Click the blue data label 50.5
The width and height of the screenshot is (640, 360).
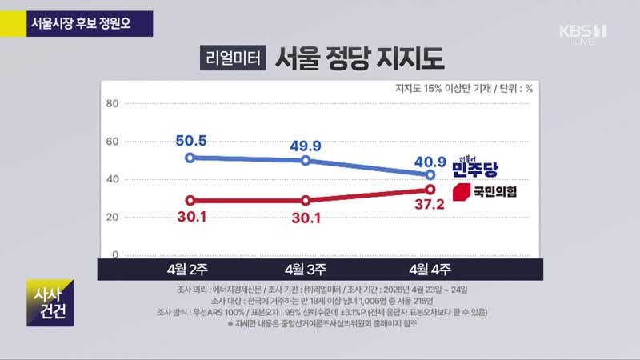click(190, 141)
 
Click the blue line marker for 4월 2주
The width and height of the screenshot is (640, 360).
click(190, 158)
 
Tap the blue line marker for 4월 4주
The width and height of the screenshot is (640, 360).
click(430, 174)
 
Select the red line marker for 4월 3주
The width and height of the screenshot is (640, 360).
click(306, 200)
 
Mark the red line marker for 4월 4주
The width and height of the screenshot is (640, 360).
click(430, 190)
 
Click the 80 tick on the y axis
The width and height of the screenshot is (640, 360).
click(112, 103)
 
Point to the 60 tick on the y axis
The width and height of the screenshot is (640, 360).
click(112, 142)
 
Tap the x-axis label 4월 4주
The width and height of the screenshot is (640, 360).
click(430, 269)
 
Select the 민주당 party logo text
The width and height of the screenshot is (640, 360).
click(474, 168)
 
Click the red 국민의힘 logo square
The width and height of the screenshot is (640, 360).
click(461, 192)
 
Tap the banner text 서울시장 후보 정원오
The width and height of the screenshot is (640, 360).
click(80, 21)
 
